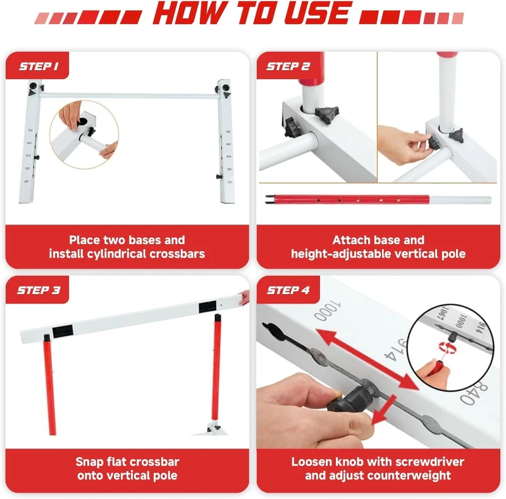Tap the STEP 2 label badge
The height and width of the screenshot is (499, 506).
288,66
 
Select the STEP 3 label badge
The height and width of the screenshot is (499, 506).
39,290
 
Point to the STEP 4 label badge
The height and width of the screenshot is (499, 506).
288,290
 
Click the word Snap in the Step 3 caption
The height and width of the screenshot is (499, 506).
89,462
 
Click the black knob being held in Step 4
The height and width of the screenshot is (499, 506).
347,405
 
